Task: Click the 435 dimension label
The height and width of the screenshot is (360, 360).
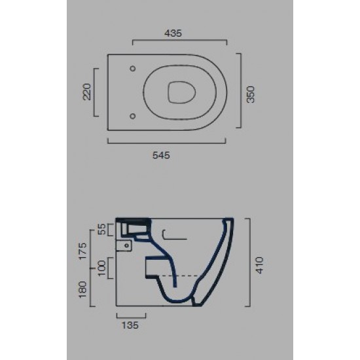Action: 173,32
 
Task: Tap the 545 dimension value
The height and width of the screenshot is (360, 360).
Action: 161,155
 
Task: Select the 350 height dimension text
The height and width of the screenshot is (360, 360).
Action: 250,92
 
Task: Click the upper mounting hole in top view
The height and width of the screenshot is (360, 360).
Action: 133,68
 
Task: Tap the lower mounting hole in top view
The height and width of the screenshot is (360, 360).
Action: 133,116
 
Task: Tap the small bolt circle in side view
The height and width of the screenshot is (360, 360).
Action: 122,247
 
